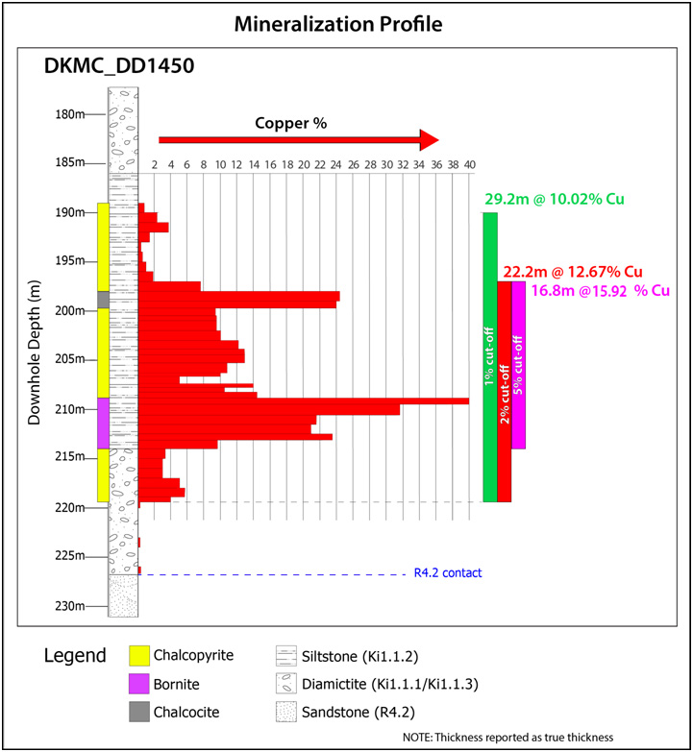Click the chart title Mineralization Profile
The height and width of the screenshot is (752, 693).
[345, 23]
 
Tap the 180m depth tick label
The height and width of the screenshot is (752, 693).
[71, 113]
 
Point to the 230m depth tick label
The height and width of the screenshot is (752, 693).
[71, 606]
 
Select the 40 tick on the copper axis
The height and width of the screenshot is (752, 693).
[469, 165]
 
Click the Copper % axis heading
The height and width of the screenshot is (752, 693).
[291, 124]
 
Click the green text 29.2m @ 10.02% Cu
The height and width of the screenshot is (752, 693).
[555, 200]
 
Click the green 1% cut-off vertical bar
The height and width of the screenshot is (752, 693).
[490, 356]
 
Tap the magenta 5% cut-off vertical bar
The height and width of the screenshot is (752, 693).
[519, 364]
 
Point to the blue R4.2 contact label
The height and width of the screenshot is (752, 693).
[448, 573]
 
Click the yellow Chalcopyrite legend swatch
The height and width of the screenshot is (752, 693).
[141, 657]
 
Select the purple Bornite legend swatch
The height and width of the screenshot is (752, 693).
[141, 684]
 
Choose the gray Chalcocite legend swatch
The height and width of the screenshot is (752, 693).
[141, 712]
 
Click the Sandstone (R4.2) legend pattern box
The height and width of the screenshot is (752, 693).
[286, 712]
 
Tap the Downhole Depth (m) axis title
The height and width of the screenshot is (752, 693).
[35, 346]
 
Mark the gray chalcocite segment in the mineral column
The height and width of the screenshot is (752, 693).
[103, 300]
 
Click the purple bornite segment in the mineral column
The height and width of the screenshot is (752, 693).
[103, 423]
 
